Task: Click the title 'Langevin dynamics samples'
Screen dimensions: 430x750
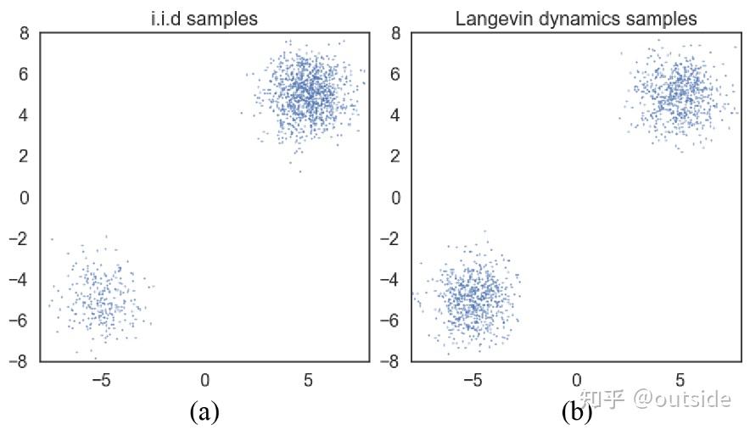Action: (x=576, y=18)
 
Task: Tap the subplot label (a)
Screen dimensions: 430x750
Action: (x=204, y=412)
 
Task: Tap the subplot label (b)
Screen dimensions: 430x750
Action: (x=576, y=412)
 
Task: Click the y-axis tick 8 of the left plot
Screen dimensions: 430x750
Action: (x=25, y=34)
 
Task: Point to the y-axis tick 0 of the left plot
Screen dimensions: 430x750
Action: (x=25, y=198)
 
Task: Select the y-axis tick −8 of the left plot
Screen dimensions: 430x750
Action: (x=19, y=361)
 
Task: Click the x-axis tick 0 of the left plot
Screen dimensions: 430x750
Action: (x=204, y=379)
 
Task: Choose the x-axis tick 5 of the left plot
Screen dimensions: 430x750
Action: (x=308, y=379)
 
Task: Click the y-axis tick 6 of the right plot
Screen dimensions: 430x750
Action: (x=396, y=75)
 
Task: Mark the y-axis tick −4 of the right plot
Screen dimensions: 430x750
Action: (x=390, y=280)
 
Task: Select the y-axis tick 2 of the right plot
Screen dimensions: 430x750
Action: (x=396, y=157)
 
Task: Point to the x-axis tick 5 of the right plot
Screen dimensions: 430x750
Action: (x=680, y=379)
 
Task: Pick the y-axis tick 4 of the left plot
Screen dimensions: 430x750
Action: (x=25, y=115)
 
